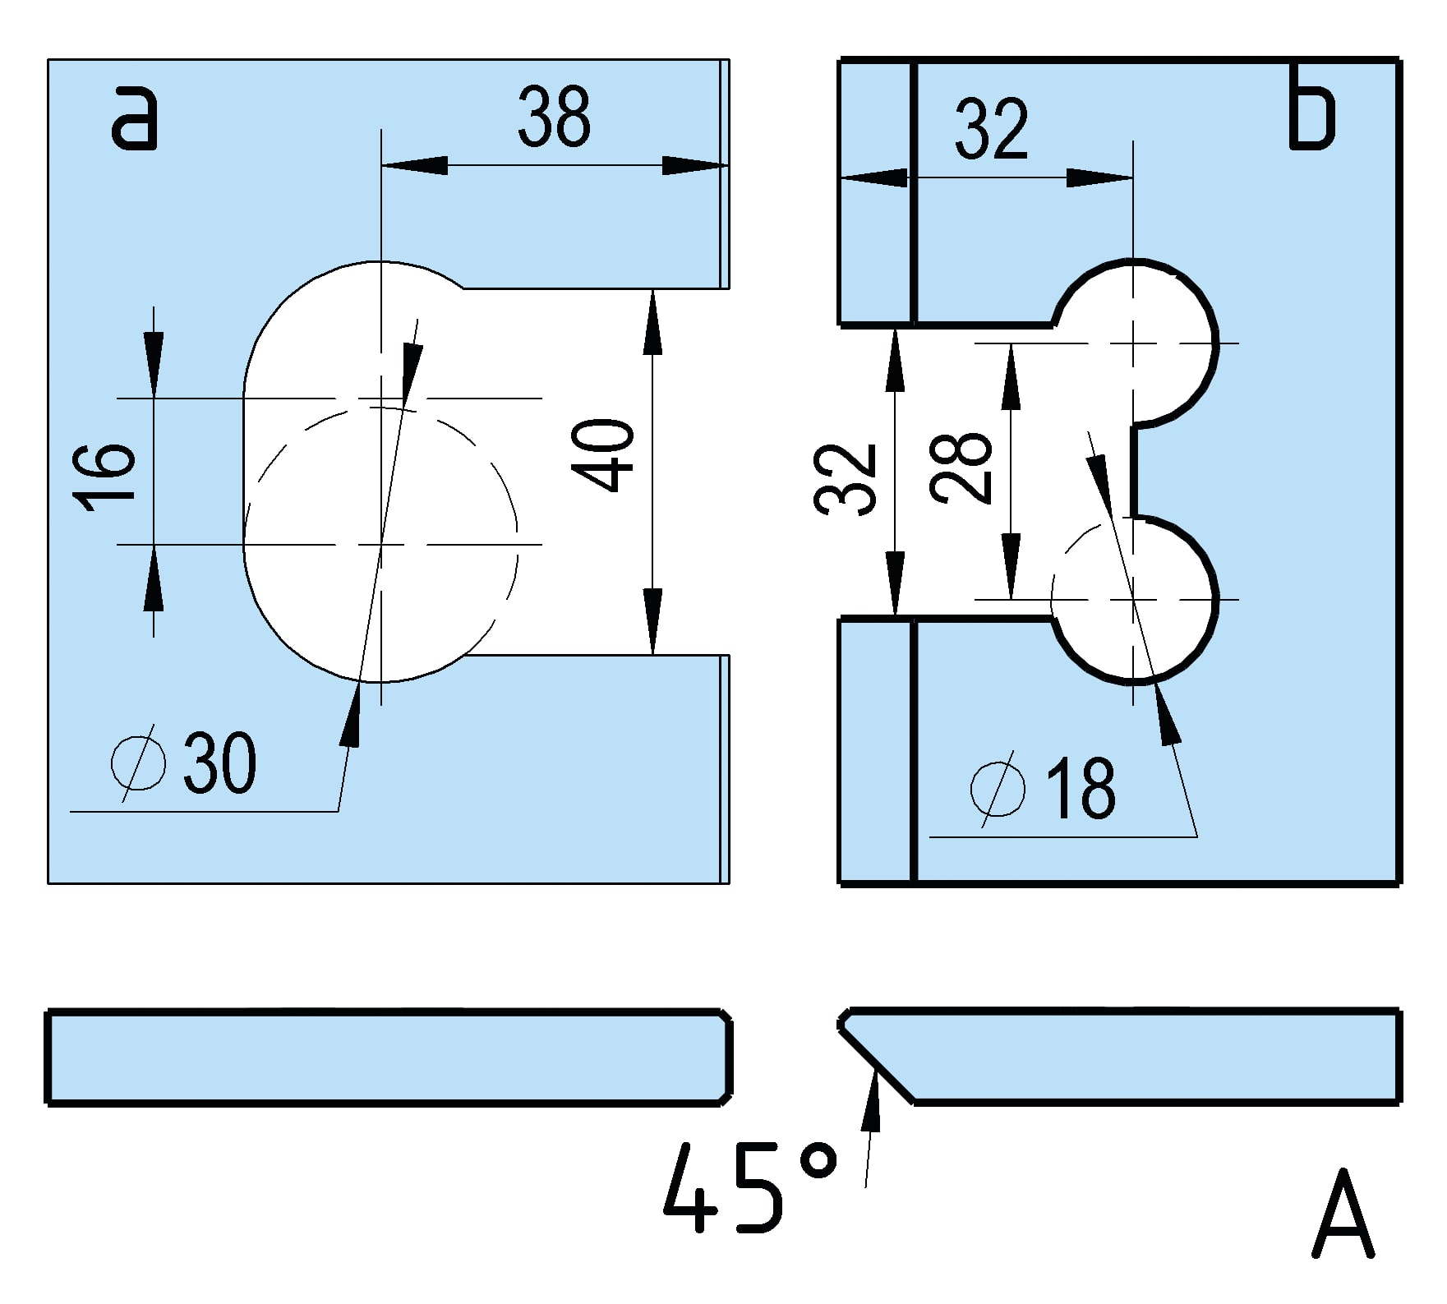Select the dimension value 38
(x=554, y=117)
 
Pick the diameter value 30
(x=219, y=764)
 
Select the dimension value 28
(x=962, y=466)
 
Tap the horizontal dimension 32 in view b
(x=991, y=129)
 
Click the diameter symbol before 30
(x=138, y=763)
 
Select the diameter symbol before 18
(x=997, y=788)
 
